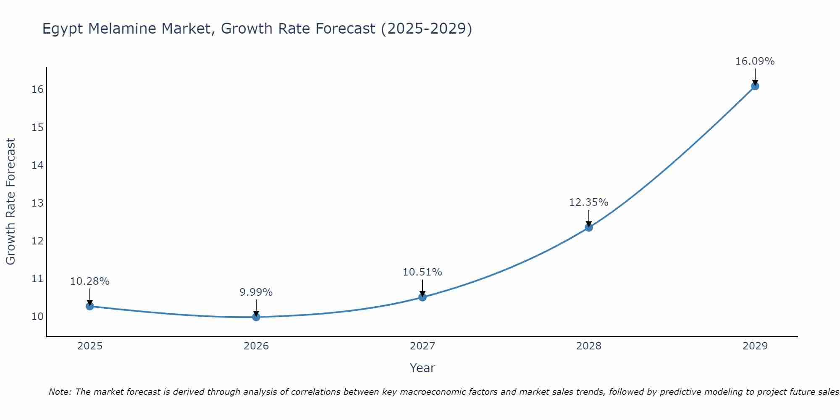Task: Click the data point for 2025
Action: (x=89, y=306)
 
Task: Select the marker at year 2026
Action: (x=256, y=317)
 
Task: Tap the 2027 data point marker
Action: (x=423, y=297)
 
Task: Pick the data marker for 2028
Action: (x=589, y=228)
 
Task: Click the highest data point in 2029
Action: (x=755, y=86)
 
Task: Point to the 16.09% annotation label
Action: (x=755, y=61)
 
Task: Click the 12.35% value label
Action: (x=588, y=202)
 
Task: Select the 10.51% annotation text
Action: (x=422, y=272)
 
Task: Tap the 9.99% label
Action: (x=256, y=292)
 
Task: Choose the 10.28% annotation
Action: (x=89, y=281)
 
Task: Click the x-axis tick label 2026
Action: (x=256, y=346)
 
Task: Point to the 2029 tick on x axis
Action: (x=755, y=346)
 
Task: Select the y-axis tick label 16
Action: (x=37, y=89)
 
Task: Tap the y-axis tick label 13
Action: (x=37, y=203)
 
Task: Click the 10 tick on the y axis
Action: (x=37, y=317)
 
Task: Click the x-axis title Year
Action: (x=422, y=368)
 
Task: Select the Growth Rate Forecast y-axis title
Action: (x=10, y=202)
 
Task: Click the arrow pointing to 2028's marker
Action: (x=589, y=218)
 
